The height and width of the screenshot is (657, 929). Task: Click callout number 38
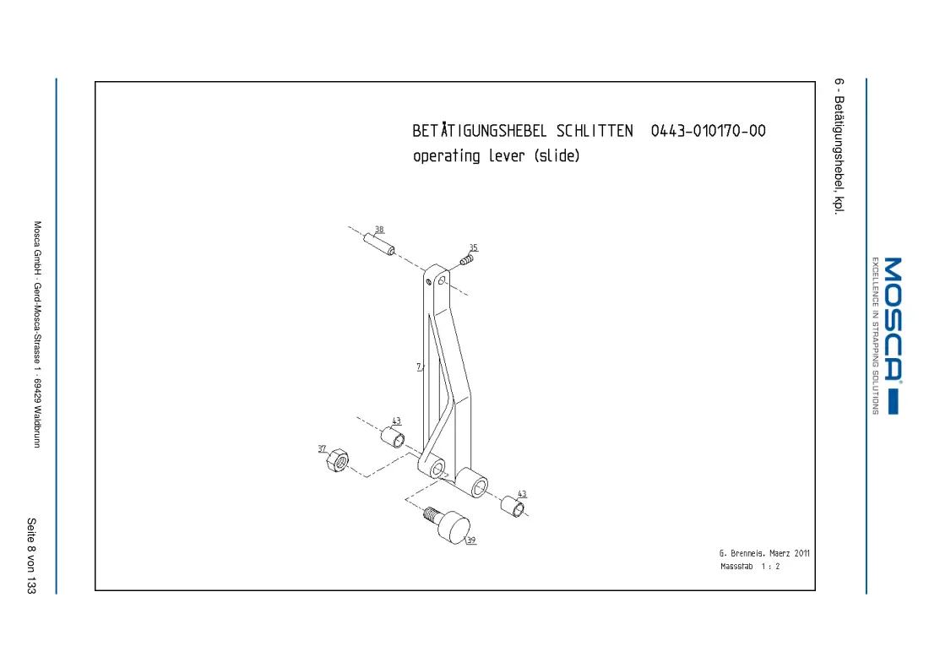[x=379, y=229]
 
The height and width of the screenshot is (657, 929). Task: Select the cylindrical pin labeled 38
[x=379, y=244]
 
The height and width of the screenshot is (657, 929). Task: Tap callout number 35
[x=474, y=247]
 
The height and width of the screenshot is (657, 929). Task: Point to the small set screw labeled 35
[x=467, y=259]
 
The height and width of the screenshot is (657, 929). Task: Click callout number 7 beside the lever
[x=419, y=367]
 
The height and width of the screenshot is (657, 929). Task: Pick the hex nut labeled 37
[x=338, y=460]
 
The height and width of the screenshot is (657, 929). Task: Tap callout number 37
[x=322, y=448]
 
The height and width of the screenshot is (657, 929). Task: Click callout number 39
[x=471, y=540]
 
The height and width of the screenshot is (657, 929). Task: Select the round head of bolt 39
[x=455, y=527]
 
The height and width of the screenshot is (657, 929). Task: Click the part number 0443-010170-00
[x=708, y=131]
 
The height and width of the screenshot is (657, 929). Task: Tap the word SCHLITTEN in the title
[x=595, y=131]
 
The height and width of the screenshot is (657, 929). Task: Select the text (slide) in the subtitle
[x=557, y=156]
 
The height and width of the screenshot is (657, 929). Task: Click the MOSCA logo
[x=893, y=336]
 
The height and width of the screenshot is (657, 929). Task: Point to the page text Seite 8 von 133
[x=31, y=556]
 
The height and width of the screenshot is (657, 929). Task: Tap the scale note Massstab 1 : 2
[x=750, y=567]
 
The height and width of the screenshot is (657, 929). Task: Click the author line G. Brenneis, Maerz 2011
[x=764, y=553]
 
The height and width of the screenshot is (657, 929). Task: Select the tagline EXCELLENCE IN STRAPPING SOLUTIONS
[x=875, y=335]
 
